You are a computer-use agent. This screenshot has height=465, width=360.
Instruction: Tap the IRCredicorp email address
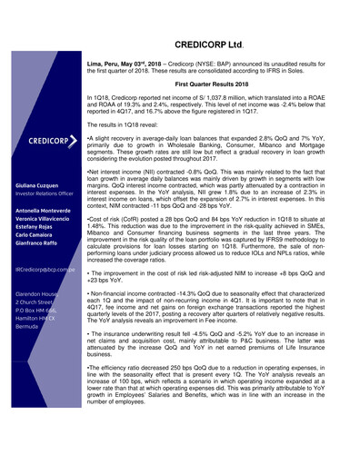[x=47, y=271]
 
